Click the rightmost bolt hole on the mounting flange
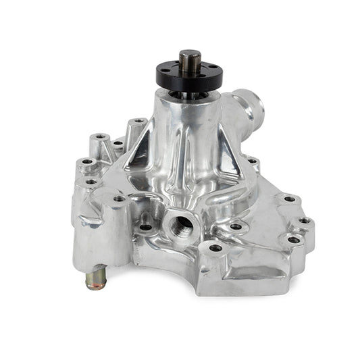coord(305,220)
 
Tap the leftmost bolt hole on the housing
coord(86,162)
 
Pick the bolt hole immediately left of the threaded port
coord(146,227)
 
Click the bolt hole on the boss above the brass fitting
coord(119,199)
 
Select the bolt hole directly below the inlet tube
coord(253,161)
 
